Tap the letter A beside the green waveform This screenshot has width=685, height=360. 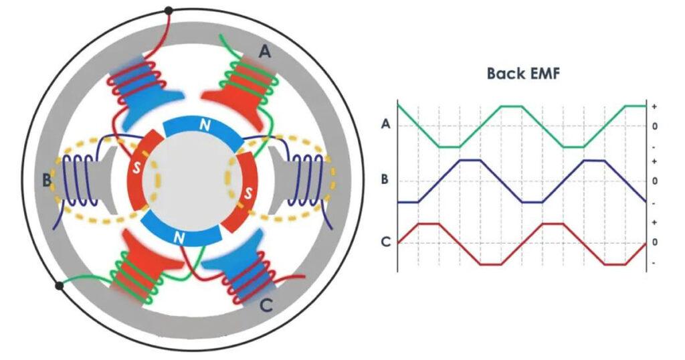pos(385,124)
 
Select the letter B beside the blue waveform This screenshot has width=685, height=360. pos(385,180)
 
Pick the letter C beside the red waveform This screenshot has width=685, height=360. pos(385,242)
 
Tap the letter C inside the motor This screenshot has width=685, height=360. pos(266,306)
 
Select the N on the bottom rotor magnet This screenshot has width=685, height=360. pos(180,236)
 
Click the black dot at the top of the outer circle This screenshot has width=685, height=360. pos(169,10)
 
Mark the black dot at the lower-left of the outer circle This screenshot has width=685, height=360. pos(59,286)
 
